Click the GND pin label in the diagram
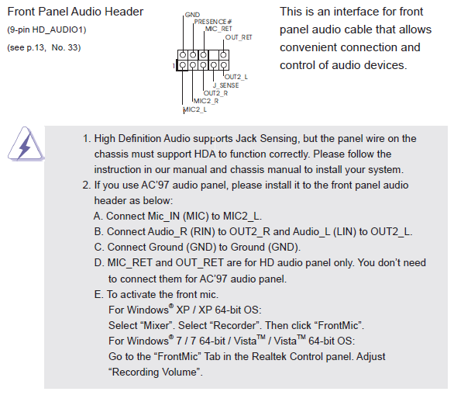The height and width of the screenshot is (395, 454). pos(192,15)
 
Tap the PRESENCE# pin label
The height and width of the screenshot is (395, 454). pos(213,22)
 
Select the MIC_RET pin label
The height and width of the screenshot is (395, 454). pos(218,29)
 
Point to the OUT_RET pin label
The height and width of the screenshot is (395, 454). pos(239,37)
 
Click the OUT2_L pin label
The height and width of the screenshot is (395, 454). pos(236,77)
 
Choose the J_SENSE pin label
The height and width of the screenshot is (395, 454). pos(226,85)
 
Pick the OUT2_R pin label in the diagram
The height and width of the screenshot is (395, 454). pos(215,93)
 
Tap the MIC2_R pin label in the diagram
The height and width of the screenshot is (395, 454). pos(206,101)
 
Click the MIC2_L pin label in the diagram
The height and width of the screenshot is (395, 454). pos(195,109)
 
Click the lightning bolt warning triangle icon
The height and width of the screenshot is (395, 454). pos(26,144)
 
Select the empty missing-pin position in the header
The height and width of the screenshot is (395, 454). pos(213,55)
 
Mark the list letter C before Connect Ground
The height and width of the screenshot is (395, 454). pos(98,247)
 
